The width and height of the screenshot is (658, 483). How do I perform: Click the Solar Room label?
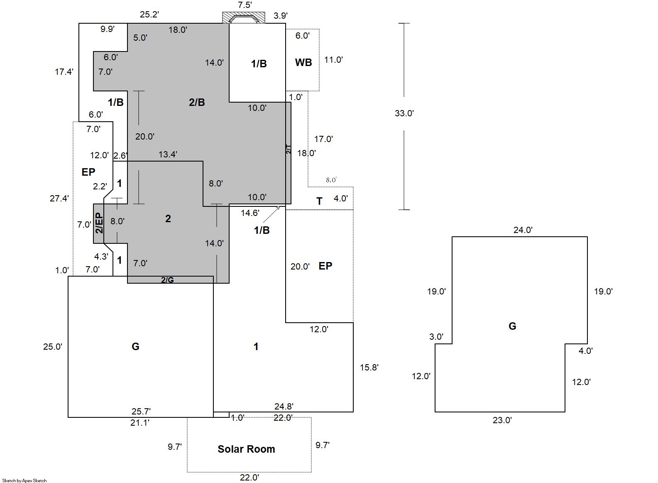(x=246, y=449)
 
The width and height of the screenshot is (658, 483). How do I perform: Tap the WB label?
(x=303, y=62)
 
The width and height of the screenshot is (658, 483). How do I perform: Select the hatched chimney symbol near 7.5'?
(x=244, y=17)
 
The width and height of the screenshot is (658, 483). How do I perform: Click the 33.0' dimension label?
(x=404, y=113)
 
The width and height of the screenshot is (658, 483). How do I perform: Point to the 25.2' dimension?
(x=149, y=15)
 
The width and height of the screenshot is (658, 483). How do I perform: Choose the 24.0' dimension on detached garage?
(x=523, y=230)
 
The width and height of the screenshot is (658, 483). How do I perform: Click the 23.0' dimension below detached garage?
(x=502, y=420)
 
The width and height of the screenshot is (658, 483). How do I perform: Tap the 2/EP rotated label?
(x=100, y=223)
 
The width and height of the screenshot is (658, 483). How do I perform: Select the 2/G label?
(x=167, y=280)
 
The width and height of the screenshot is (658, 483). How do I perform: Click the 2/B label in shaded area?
(x=197, y=102)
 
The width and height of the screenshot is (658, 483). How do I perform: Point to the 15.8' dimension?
(x=369, y=367)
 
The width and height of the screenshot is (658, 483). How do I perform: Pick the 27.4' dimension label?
(x=59, y=199)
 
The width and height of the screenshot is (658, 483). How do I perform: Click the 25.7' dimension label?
(x=141, y=411)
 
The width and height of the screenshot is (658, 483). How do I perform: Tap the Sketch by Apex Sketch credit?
(x=24, y=481)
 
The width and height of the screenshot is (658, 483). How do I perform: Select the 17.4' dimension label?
(x=64, y=71)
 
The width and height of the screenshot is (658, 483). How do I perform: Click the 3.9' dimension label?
(x=281, y=15)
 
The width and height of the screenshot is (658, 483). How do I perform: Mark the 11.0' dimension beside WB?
(x=333, y=60)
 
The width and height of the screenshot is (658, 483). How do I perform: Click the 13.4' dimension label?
(x=168, y=154)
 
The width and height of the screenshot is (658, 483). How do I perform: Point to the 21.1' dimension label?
(x=140, y=423)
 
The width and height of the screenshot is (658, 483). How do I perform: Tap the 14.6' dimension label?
(x=250, y=213)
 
